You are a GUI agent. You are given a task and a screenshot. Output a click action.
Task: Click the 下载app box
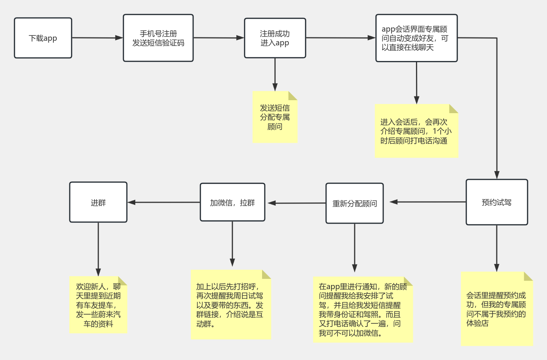click(x=43, y=38)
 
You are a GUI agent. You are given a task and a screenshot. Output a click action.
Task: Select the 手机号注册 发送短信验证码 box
click(x=158, y=38)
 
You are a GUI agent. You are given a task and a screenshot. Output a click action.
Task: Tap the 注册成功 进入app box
click(x=275, y=38)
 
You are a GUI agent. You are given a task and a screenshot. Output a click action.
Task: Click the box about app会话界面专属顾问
click(x=416, y=38)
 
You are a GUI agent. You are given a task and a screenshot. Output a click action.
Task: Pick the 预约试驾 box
click(x=497, y=202)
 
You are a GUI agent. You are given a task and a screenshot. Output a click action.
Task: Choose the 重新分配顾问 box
click(x=354, y=203)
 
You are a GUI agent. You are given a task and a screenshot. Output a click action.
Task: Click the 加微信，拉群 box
click(x=232, y=202)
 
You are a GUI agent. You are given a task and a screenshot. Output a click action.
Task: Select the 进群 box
click(x=98, y=202)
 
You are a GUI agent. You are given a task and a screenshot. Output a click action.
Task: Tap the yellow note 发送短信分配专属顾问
click(x=275, y=117)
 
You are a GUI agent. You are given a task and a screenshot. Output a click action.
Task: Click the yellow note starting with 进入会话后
click(x=416, y=131)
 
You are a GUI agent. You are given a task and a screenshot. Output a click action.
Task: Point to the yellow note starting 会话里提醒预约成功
click(x=496, y=309)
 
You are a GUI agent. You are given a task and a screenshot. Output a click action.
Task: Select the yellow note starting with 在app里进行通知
click(x=363, y=310)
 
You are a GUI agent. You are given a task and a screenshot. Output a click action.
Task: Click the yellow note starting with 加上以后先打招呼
click(x=231, y=305)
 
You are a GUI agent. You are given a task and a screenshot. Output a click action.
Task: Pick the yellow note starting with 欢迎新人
click(x=98, y=305)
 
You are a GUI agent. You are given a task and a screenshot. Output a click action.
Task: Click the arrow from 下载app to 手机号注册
click(x=97, y=38)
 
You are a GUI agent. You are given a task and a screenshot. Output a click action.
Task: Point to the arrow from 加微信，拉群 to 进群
click(x=164, y=202)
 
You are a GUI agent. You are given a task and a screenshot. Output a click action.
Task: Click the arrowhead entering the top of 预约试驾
click(x=497, y=175)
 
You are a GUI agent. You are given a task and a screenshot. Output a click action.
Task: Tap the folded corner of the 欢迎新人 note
click(x=123, y=280)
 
